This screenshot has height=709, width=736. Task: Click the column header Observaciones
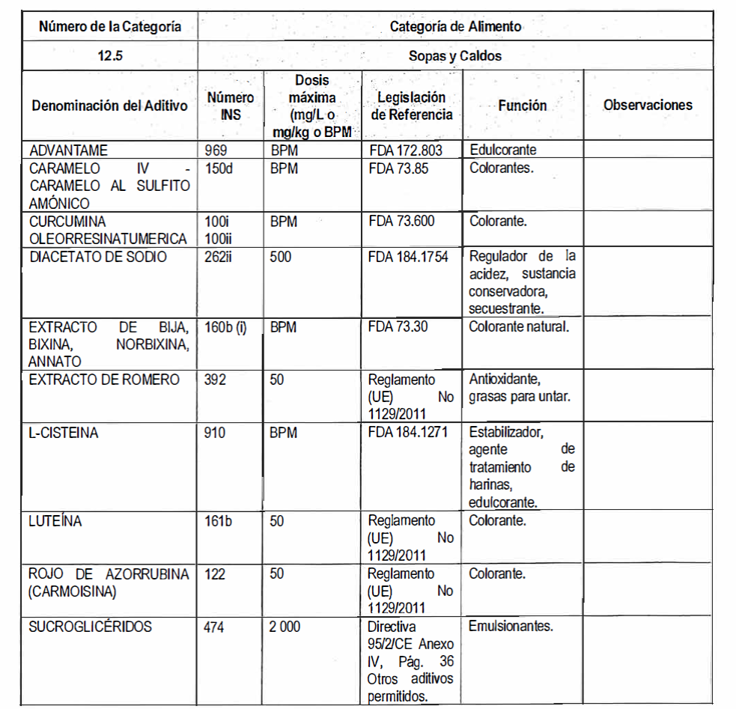tap(648, 105)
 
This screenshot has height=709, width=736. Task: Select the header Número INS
tap(230, 106)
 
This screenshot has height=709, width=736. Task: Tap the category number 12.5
tap(110, 56)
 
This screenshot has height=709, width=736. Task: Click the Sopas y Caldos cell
tap(455, 56)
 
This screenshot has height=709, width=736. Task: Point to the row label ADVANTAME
tap(68, 150)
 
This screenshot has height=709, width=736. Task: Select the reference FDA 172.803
tap(406, 150)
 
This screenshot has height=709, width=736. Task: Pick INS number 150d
tap(219, 168)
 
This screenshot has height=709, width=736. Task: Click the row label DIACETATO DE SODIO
tap(98, 257)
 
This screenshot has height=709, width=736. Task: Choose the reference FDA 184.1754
tap(409, 257)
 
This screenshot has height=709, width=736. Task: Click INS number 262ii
tap(221, 257)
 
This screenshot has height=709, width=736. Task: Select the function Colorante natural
tap(520, 326)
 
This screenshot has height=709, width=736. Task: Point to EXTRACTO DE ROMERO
tap(104, 380)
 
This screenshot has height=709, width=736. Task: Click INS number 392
tap(216, 380)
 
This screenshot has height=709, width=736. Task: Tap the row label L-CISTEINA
tap(64, 433)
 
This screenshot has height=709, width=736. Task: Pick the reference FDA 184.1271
tap(408, 433)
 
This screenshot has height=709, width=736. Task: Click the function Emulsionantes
tap(511, 626)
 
